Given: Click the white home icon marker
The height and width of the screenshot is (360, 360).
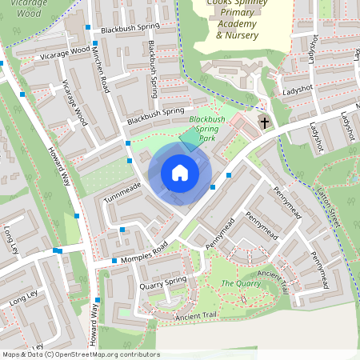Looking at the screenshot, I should tap(180, 173).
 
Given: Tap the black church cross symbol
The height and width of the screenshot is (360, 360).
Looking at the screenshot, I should tap(265, 123).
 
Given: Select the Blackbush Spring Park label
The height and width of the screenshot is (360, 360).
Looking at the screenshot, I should tap(207, 129).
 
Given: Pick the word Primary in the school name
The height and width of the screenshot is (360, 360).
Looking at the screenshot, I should tap(236, 14).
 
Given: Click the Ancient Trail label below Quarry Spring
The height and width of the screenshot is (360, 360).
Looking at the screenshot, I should tap(195, 316).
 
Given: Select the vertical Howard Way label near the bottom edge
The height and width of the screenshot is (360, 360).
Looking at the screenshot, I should tap(96, 324).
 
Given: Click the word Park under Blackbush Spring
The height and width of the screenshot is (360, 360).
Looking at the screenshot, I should tap(207, 138).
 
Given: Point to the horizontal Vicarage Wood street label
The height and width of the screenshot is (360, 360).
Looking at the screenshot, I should tap(64, 53).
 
